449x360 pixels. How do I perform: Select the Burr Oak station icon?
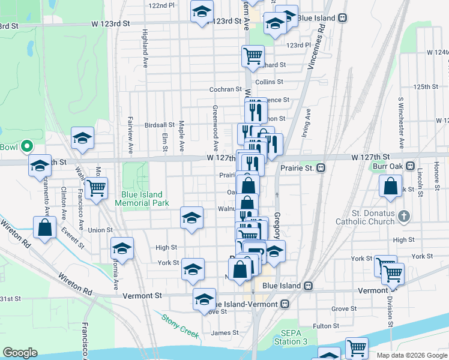(411, 166)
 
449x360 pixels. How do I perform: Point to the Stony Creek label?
(180, 325)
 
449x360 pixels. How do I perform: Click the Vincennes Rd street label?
(315, 44)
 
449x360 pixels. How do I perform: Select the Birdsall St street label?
(159, 125)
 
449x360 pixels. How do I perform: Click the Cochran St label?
(225, 89)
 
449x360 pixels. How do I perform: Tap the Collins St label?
(269, 82)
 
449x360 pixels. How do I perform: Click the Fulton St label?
(326, 326)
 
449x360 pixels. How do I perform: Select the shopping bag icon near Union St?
(45, 228)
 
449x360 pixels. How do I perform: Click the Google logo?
(20, 353)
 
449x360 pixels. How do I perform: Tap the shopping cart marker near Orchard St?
(253, 56)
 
